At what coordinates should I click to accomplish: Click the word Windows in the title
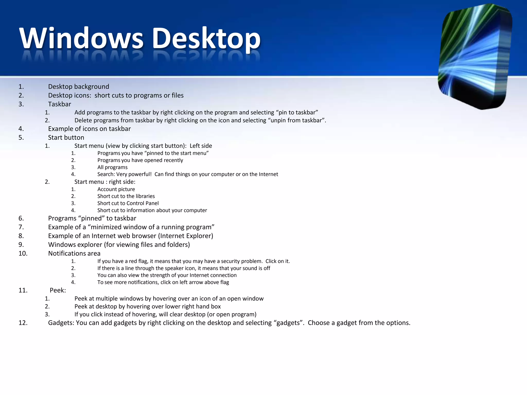point(81,39)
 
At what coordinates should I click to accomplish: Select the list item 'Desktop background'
point(78,87)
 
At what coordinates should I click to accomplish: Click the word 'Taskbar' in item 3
point(59,104)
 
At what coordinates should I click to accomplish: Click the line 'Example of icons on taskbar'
point(89,129)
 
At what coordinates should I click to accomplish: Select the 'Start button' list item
point(66,138)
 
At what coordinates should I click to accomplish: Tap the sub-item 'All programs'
point(112,167)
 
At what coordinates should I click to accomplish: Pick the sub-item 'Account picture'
point(116,189)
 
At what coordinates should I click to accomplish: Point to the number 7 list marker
point(21,227)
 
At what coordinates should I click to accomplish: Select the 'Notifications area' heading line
point(74,254)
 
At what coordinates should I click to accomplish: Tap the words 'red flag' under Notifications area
point(138,261)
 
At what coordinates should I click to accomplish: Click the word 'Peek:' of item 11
point(58,290)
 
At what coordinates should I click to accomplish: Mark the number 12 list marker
point(23,323)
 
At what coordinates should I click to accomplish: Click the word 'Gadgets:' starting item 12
point(61,323)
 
